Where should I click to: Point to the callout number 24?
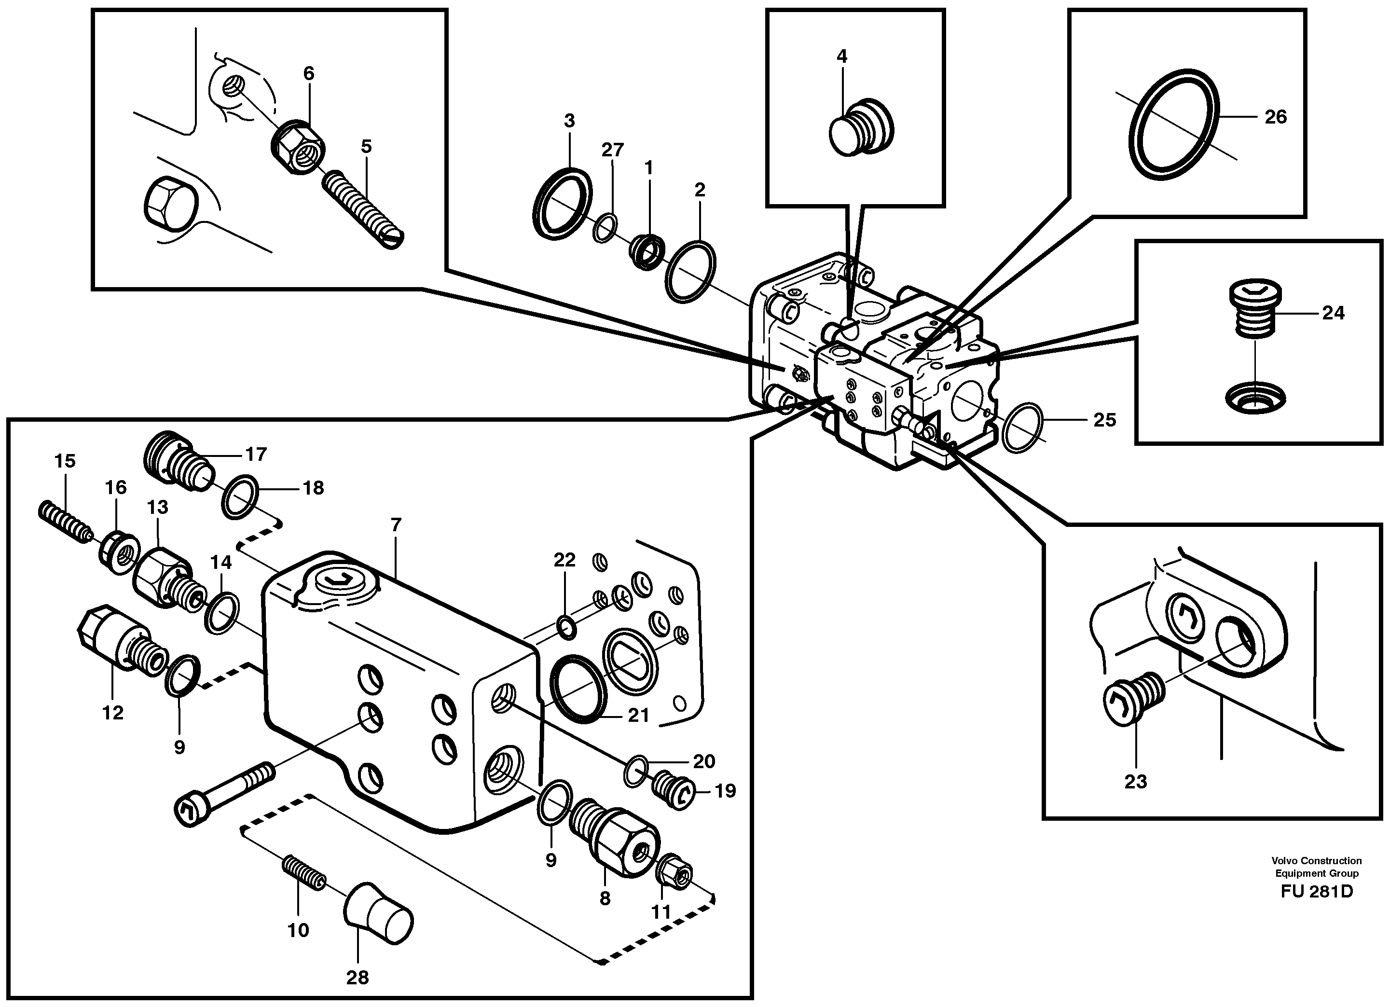click(x=1333, y=313)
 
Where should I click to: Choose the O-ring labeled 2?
click(x=691, y=272)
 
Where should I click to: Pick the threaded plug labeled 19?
click(x=674, y=790)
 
